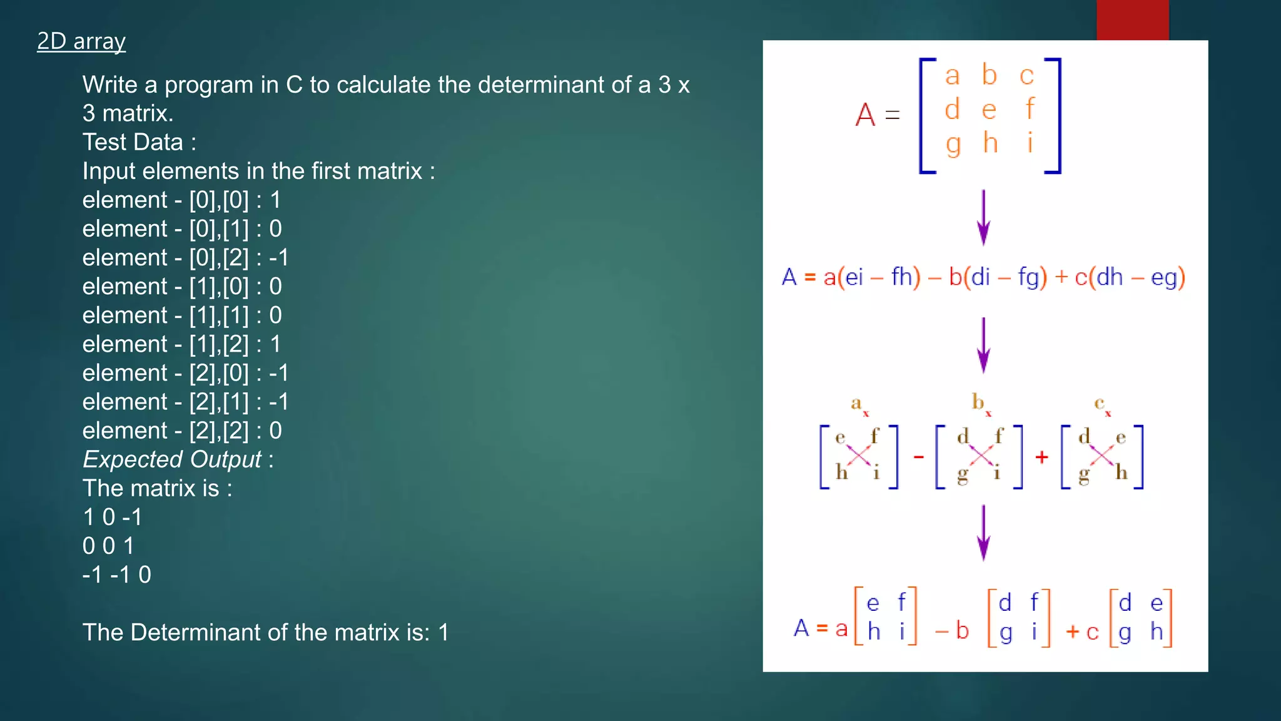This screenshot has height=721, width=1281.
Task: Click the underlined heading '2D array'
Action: coord(81,41)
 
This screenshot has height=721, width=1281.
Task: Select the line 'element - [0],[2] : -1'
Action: coord(185,258)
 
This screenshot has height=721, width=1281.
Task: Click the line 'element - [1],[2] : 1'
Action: coord(181,344)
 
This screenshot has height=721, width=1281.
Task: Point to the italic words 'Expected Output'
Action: coord(172,459)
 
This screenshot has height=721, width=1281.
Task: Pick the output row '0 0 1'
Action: coord(108,546)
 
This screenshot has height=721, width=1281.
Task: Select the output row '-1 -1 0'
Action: coord(116,575)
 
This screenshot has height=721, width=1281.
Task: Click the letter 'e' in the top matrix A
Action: coord(989,110)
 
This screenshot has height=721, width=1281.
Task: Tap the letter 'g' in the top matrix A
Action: coord(953,145)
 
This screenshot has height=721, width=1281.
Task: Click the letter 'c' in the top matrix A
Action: coord(1026,76)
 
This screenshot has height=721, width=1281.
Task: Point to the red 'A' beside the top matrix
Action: coord(865,115)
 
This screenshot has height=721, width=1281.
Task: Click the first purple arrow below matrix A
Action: coord(983,218)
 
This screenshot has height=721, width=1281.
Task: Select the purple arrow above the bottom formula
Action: coord(983,533)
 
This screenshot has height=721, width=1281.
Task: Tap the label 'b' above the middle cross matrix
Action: coord(978,402)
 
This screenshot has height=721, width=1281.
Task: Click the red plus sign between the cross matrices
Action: coord(1041,458)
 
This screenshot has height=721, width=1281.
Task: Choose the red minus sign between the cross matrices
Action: coord(919,458)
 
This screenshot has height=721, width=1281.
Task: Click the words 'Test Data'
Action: coord(133,142)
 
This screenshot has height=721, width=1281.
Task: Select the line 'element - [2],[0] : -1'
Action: coord(185,373)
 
